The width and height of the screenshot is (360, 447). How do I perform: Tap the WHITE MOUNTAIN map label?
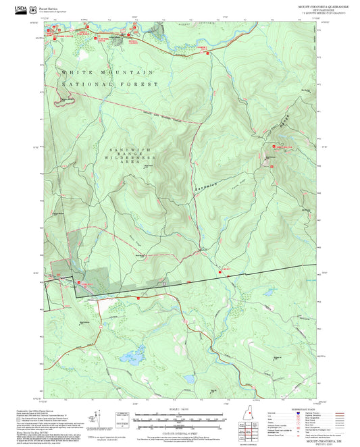click(x=107, y=72)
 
